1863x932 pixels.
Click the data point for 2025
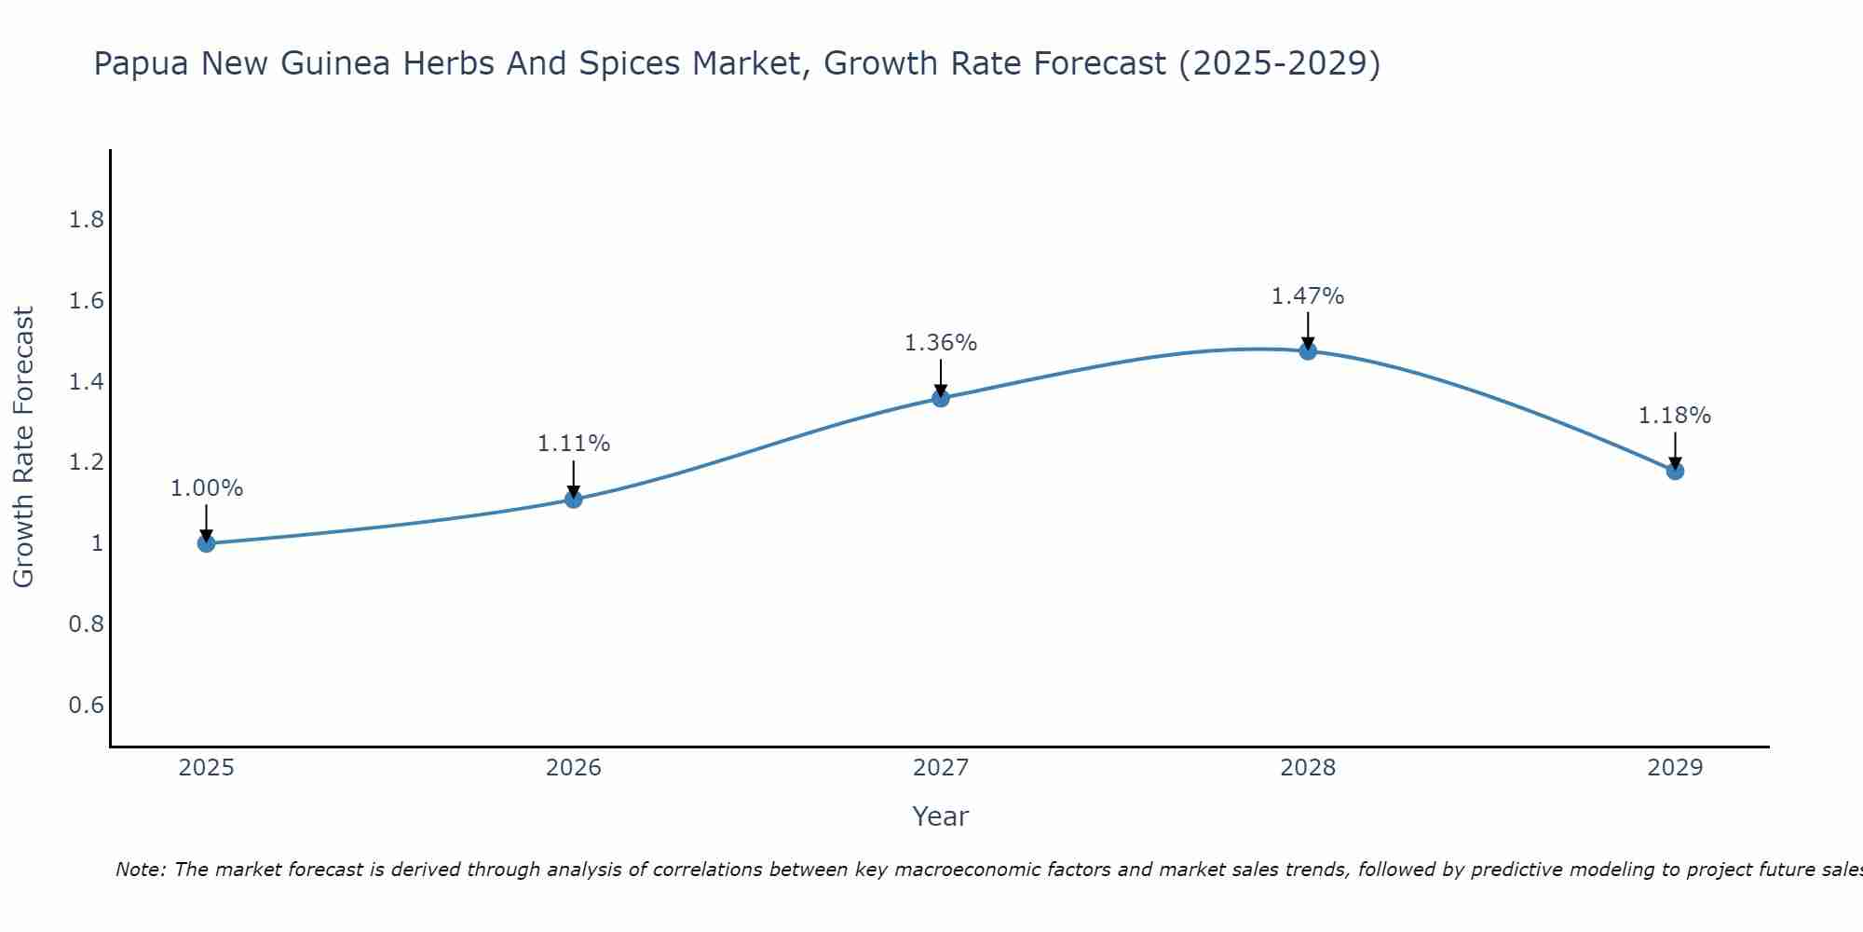(207, 543)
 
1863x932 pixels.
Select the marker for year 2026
(574, 499)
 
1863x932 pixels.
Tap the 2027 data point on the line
(941, 398)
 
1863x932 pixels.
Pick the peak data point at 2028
(1308, 350)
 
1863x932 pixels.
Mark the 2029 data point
(1675, 471)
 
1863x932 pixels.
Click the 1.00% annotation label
(207, 488)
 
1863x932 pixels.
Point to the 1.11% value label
(574, 444)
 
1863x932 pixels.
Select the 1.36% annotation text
(941, 343)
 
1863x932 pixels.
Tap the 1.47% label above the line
(1308, 296)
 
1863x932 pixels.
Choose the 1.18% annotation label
(1675, 416)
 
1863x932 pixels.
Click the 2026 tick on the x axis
(574, 768)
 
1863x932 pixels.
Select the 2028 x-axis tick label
(1308, 768)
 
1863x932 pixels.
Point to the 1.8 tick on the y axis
(87, 220)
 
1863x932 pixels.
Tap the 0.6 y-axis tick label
(87, 705)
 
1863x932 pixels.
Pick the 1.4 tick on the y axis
(87, 381)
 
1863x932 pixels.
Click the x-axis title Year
(941, 816)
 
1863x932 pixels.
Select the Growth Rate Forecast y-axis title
(23, 447)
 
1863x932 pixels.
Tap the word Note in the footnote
(140, 870)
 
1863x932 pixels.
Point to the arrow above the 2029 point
(1675, 449)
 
